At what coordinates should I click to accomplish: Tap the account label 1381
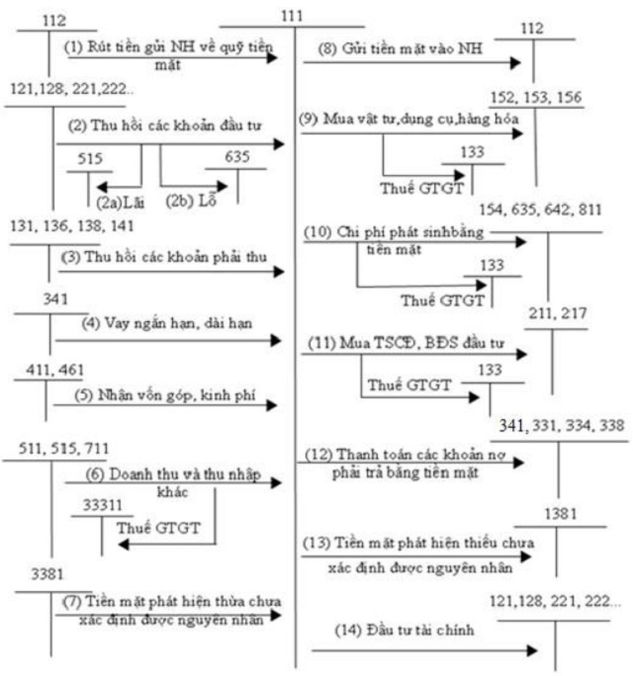point(560,515)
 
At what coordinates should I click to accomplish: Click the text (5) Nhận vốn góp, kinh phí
point(162,393)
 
